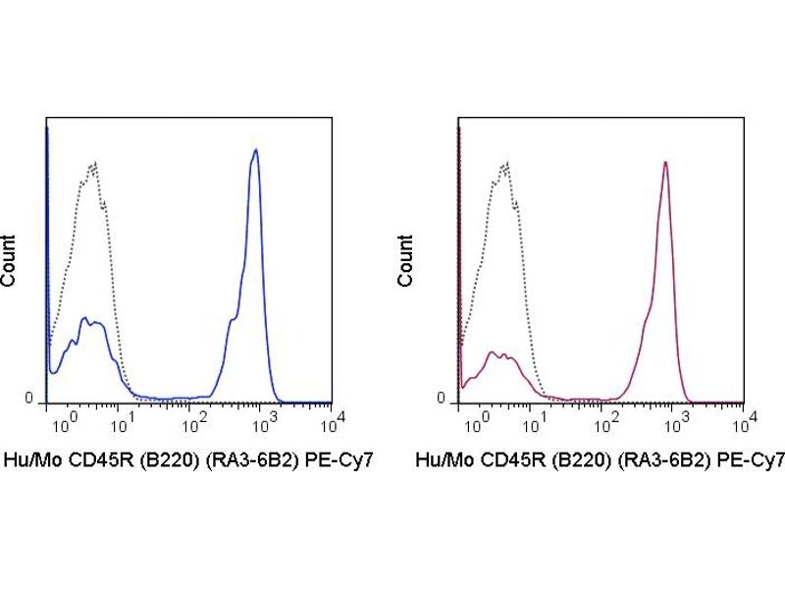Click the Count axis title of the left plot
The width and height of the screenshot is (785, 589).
click(x=9, y=261)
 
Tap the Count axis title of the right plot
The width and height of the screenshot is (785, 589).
click(x=405, y=261)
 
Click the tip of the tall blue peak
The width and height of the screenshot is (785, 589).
click(x=255, y=150)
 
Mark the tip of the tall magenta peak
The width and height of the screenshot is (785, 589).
click(x=665, y=163)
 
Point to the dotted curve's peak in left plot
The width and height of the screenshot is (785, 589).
click(x=93, y=162)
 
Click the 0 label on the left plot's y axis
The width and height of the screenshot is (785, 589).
click(x=29, y=399)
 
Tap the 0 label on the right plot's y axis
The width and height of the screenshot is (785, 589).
click(x=442, y=399)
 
